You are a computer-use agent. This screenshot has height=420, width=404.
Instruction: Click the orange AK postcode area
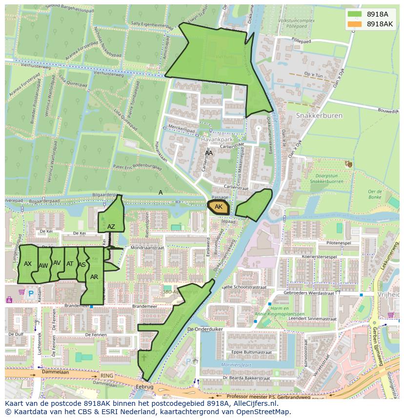(218, 207)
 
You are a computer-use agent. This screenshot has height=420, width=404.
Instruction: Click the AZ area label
(111, 227)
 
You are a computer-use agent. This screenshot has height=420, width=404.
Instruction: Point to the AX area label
(28, 264)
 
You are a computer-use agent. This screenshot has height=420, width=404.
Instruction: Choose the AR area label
(94, 277)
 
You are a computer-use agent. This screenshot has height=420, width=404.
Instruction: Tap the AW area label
(43, 266)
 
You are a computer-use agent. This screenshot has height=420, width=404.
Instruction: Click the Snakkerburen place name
(319, 116)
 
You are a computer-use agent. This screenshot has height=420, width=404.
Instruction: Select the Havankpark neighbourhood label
(215, 140)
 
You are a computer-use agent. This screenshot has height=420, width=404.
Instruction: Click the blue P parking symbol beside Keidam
(31, 294)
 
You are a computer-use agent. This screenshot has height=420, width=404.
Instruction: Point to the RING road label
(106, 376)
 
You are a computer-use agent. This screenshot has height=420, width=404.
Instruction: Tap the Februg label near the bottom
(145, 386)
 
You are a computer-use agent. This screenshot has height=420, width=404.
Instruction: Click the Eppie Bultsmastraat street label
(251, 351)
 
